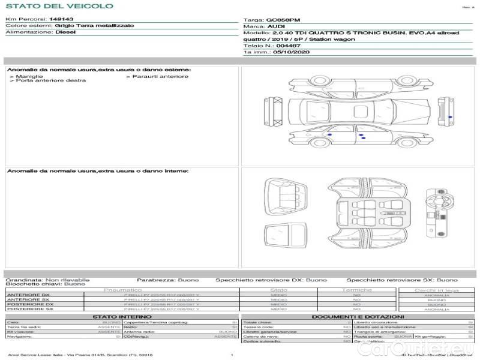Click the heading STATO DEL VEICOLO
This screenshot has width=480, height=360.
[59, 6]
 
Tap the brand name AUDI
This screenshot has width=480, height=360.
[276, 27]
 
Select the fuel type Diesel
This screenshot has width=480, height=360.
[65, 32]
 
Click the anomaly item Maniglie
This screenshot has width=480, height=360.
[29, 76]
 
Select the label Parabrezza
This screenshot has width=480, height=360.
[155, 280]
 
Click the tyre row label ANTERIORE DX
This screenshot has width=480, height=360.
[28, 295]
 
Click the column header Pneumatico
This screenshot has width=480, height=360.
[123, 290]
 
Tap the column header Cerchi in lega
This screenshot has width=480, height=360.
[436, 290]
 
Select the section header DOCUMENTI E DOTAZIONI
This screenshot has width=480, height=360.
[358, 317]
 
